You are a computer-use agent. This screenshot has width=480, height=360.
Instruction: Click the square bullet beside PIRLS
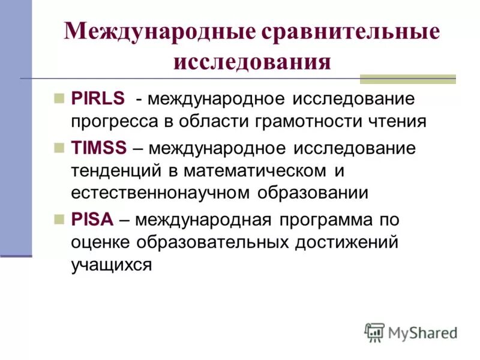tap(59, 97)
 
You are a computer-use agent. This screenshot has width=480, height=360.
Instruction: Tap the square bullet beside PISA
tap(59, 219)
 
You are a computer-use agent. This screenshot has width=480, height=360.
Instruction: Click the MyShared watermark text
tap(423, 332)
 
